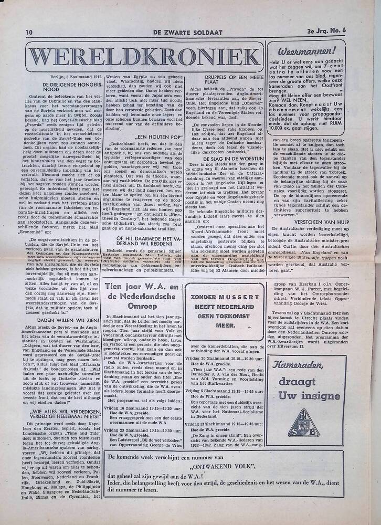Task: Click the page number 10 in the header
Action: point(29,33)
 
